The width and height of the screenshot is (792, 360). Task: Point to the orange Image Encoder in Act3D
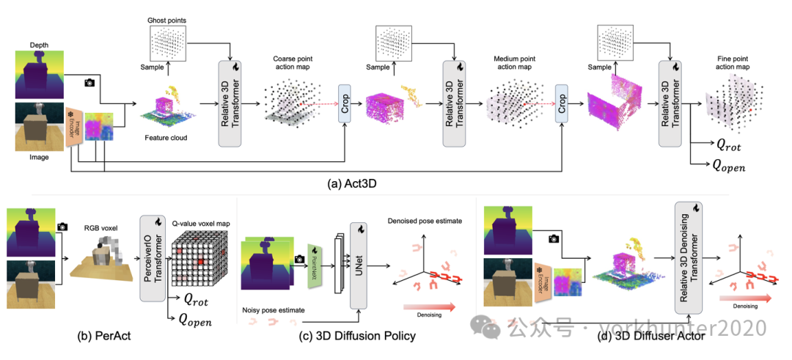click(74, 128)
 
